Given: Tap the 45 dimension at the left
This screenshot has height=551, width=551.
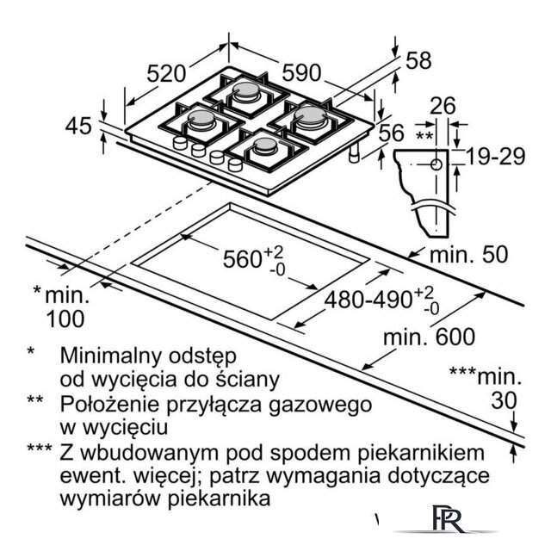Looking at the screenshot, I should pyautogui.click(x=78, y=126).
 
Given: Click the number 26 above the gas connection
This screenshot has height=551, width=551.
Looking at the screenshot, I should pyautogui.click(x=442, y=108).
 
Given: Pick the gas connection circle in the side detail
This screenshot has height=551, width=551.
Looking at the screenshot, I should pyautogui.click(x=436, y=164).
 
